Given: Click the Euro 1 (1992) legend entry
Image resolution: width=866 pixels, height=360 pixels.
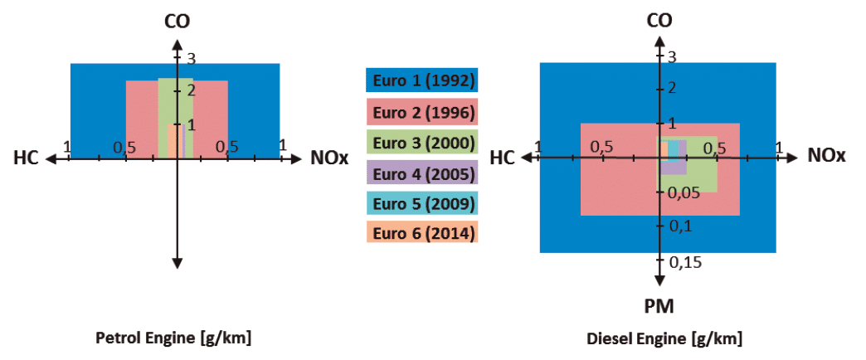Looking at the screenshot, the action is [422, 80].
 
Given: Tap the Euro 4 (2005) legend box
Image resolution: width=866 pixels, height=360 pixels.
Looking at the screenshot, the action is [422, 173].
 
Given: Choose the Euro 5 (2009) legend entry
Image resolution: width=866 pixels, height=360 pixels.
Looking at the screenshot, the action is [422, 202].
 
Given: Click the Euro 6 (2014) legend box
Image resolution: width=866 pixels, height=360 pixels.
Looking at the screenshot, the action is [422, 232].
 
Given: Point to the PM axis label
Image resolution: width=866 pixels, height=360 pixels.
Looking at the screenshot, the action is [659, 306].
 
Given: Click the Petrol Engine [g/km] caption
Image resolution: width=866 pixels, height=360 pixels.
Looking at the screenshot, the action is [174, 338].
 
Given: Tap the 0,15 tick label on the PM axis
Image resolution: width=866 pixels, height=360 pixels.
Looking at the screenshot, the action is [685, 262].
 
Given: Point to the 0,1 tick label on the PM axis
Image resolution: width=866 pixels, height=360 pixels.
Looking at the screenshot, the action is [680, 226].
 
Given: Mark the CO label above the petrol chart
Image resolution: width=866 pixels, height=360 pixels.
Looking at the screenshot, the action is [178, 22].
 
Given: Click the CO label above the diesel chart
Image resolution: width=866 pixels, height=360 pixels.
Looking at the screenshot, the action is [659, 21].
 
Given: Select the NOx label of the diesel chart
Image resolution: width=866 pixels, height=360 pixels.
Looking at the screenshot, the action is [826, 157].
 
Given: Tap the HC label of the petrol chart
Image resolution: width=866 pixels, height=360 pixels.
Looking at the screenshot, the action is [26, 159].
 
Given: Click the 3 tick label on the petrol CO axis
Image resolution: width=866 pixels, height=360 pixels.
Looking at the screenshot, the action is [191, 58].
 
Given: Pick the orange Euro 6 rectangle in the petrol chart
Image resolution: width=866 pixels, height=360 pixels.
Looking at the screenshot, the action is [175, 142].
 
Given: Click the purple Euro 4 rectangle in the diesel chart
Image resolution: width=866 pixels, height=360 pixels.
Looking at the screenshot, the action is [673, 158].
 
